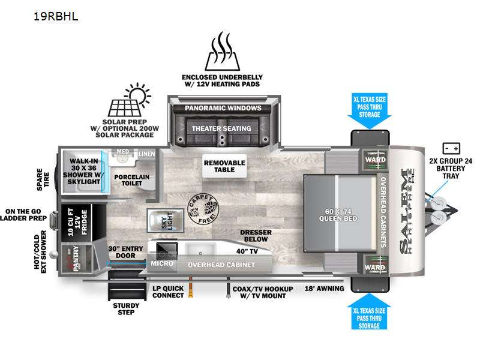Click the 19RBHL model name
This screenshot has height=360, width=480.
point(56,16)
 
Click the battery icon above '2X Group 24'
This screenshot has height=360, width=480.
point(450,148)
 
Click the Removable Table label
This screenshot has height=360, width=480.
point(224,166)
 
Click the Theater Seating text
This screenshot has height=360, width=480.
point(223,128)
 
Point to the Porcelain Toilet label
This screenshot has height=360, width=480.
point(132,181)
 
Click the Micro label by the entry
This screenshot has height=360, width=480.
point(163,263)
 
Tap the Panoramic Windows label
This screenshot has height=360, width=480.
point(223,108)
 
